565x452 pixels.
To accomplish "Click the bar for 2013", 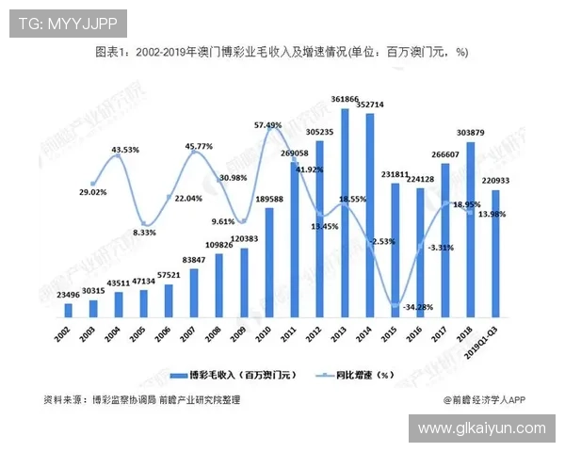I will [346, 212].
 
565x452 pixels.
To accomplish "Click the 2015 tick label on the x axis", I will [393, 331].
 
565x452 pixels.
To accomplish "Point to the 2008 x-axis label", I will [218, 331].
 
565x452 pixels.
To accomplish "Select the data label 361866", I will [345, 99].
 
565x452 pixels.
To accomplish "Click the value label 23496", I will [68, 295].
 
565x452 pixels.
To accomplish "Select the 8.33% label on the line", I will [143, 232].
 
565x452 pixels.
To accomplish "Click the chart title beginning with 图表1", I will [282, 53].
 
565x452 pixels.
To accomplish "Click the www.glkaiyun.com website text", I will [481, 428].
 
